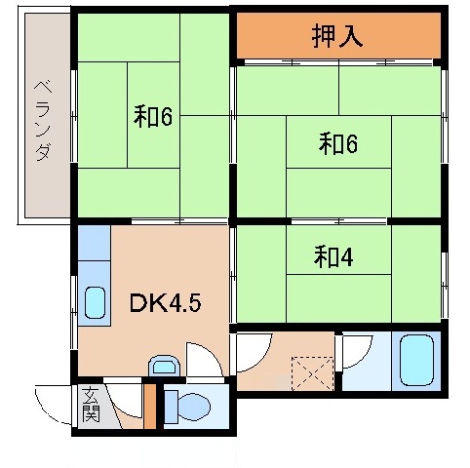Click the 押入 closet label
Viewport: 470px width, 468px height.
pos(337,36)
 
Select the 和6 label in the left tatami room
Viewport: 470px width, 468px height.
pos(153,116)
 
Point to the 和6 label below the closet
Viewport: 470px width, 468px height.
pos(337,144)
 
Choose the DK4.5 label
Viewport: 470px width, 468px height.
pos(165,303)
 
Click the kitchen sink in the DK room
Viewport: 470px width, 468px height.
pos(96,303)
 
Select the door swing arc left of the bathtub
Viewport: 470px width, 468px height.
pos(357,350)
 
